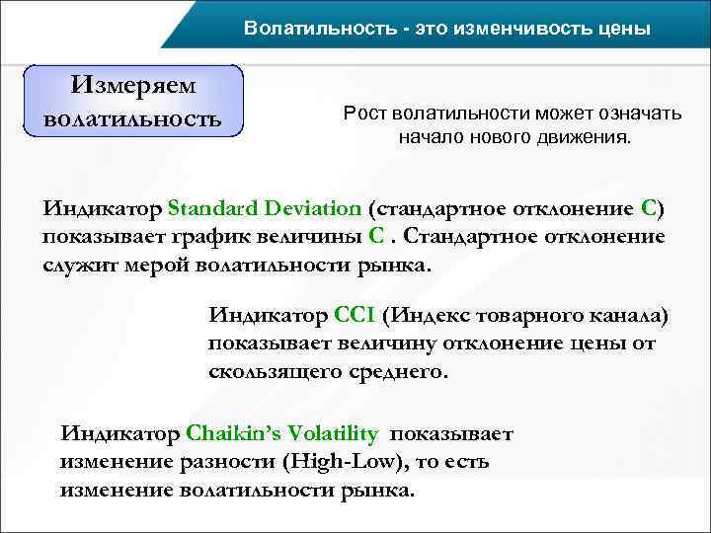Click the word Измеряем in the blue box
(x=133, y=86)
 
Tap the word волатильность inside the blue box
(x=133, y=120)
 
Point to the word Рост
(x=362, y=114)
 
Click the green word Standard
(x=210, y=208)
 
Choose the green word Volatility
(x=336, y=434)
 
